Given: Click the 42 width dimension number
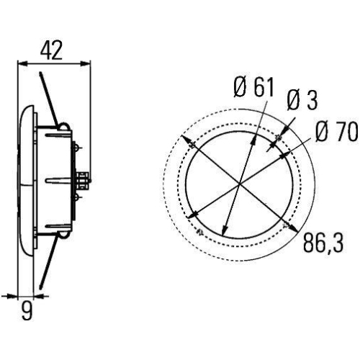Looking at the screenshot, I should [51, 50].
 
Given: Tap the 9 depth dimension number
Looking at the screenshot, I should [27, 311].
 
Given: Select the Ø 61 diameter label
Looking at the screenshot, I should [254, 88].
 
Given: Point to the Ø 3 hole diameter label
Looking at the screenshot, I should [302, 100].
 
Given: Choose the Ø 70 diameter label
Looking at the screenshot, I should [336, 131].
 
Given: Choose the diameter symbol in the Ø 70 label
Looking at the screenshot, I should [322, 131].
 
